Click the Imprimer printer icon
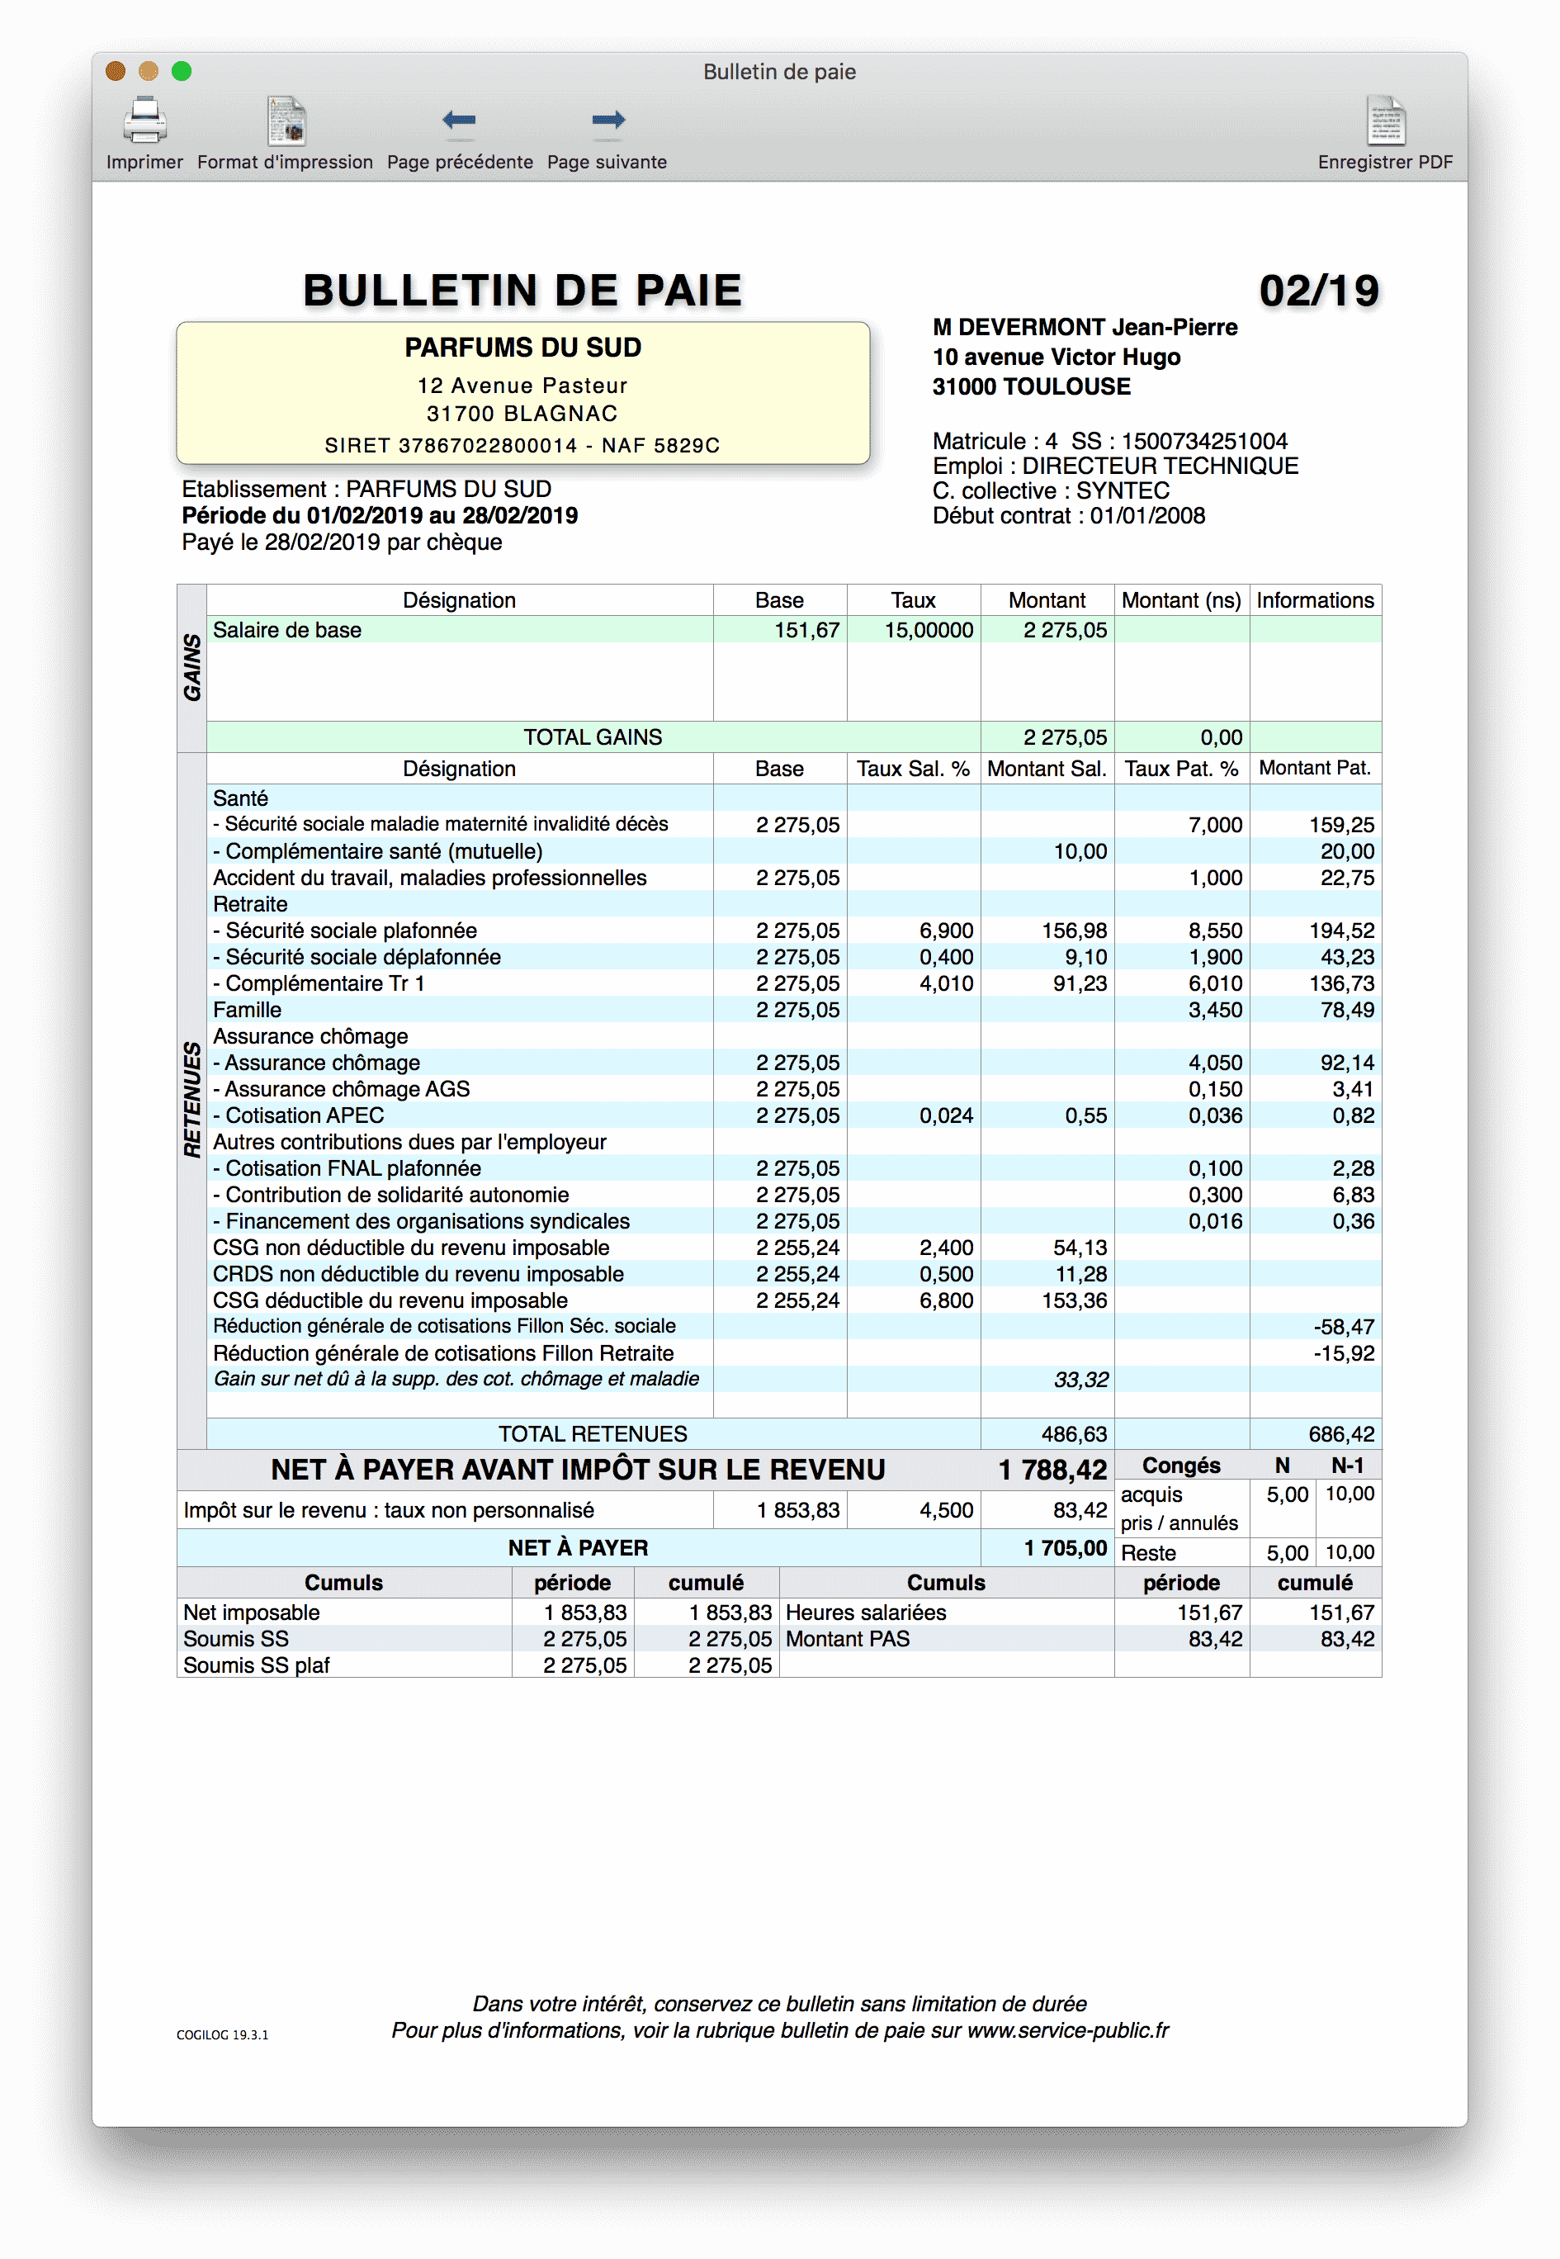coord(144,121)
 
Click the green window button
coord(182,71)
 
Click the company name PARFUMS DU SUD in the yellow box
coord(523,348)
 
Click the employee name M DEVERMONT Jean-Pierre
coord(1084,328)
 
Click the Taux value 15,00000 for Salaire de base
coord(928,631)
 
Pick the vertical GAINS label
coord(192,668)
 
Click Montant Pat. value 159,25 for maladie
coord(1341,825)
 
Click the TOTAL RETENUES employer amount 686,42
coord(1341,1434)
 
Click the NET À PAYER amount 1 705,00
coord(1065,1548)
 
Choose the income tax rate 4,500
coord(945,1510)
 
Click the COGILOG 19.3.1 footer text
coord(222,2035)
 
